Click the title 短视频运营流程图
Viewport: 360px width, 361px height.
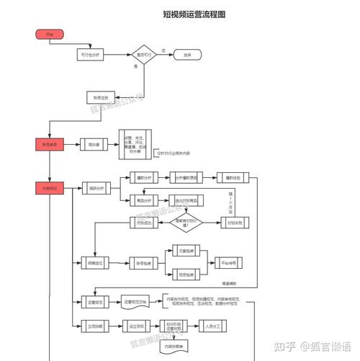194,14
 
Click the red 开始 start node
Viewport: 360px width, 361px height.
49,34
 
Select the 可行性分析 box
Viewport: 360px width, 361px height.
92,55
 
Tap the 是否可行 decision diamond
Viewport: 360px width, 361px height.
143,55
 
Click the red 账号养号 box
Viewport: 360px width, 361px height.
50,144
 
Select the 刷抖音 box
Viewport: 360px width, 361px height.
93,144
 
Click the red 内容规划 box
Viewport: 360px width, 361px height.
50,188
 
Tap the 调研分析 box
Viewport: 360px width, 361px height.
94,188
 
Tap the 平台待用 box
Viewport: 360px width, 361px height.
230,262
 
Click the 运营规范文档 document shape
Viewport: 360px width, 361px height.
137,301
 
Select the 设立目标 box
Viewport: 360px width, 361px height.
136,326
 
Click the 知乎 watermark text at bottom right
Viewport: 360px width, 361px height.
287,347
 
